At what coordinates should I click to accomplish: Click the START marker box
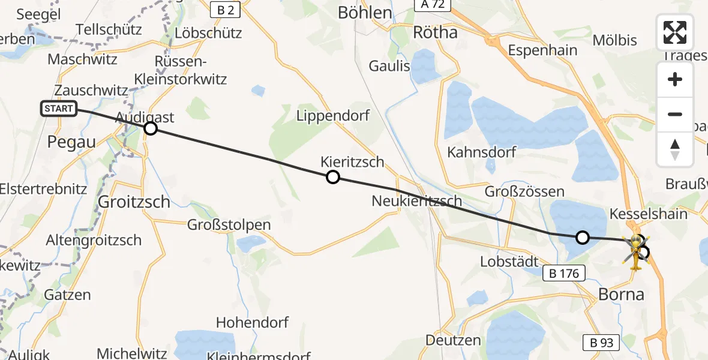point(59,109)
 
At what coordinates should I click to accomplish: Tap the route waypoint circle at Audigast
point(151,128)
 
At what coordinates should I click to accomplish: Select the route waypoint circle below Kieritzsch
point(332,177)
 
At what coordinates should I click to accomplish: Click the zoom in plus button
point(675,79)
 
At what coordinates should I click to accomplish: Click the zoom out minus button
point(675,114)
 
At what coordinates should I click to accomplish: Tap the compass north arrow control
point(675,149)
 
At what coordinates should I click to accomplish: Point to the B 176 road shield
point(565,274)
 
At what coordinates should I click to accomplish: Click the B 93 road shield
point(602,343)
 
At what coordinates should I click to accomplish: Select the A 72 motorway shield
point(433,5)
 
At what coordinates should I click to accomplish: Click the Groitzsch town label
point(134,202)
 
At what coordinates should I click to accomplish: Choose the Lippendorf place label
point(333,116)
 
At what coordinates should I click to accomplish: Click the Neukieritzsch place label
point(417,201)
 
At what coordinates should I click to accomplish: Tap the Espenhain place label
point(542,50)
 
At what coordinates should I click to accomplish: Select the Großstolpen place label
point(229,225)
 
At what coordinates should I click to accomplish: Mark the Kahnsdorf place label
point(481,152)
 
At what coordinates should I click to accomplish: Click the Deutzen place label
point(453,340)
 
